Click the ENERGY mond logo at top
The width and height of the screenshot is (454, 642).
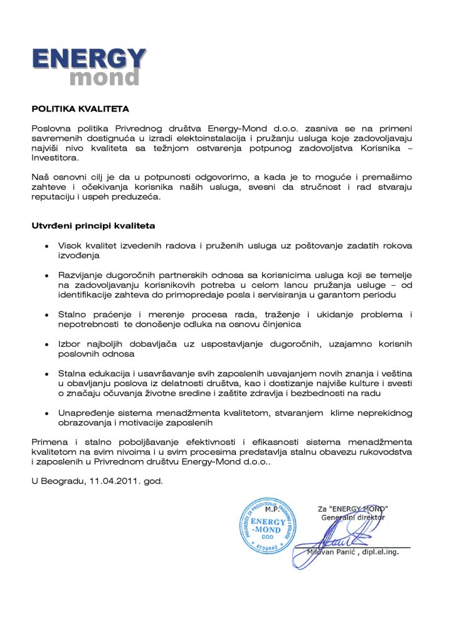(88, 66)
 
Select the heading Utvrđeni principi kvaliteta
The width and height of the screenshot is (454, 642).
(93, 224)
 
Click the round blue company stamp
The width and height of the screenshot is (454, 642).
(267, 524)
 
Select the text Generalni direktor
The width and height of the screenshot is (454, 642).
(353, 517)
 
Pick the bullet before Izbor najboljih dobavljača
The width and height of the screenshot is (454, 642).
(47, 344)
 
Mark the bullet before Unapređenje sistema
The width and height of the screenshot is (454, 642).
(47, 413)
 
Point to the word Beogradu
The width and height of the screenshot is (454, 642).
(63, 480)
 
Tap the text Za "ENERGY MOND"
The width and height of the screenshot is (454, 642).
(352, 508)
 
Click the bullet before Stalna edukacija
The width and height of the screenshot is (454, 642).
(47, 374)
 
